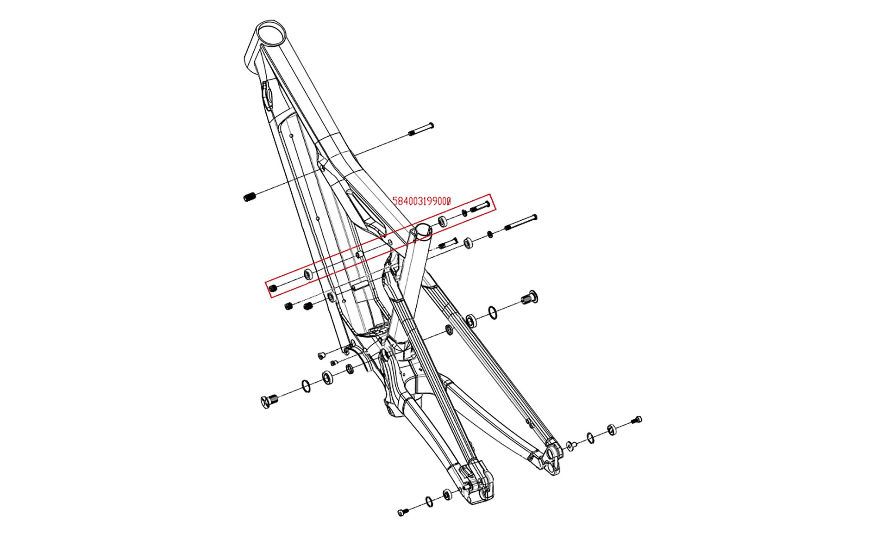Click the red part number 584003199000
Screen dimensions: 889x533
click(x=421, y=201)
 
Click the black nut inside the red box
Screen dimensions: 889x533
click(x=273, y=289)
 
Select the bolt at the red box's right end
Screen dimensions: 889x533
click(x=480, y=207)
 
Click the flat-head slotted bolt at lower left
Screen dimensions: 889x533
click(x=269, y=401)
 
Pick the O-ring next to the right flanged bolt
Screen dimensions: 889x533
click(x=494, y=312)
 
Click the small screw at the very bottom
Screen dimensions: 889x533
click(x=402, y=512)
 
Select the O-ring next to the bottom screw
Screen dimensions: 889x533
click(x=429, y=502)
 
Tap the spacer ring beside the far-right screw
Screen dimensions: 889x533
click(x=612, y=429)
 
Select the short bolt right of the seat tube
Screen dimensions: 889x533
click(x=448, y=243)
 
